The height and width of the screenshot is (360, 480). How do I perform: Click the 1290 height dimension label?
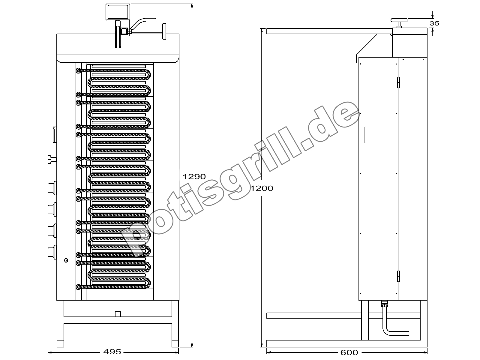coord(194,177)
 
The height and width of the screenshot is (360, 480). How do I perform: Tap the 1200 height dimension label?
coord(262,188)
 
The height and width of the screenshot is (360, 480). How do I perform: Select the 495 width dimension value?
coord(112,352)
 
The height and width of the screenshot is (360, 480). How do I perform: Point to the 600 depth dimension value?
coord(349,352)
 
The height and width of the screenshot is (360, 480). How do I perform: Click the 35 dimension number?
coord(434,23)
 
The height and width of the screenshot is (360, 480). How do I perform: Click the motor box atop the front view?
coord(118,12)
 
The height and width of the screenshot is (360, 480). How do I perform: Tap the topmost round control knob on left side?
coord(52,188)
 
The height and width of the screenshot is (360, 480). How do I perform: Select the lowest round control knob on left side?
coord(52,252)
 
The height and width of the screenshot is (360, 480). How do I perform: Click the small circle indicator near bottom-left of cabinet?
coord(66,260)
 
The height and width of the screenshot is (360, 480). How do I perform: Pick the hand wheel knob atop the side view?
coord(399,22)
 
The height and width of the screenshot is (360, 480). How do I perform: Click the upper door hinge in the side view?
coord(398,82)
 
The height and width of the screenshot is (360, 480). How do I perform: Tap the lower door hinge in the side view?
coord(398,276)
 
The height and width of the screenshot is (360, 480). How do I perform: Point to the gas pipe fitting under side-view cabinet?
coord(384,304)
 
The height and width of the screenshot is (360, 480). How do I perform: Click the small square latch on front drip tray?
coord(118,314)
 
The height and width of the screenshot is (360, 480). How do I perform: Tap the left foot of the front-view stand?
coord(60,343)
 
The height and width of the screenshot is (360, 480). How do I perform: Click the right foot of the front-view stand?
coord(175,343)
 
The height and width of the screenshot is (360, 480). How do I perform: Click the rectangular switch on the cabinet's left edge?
coord(55,135)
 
